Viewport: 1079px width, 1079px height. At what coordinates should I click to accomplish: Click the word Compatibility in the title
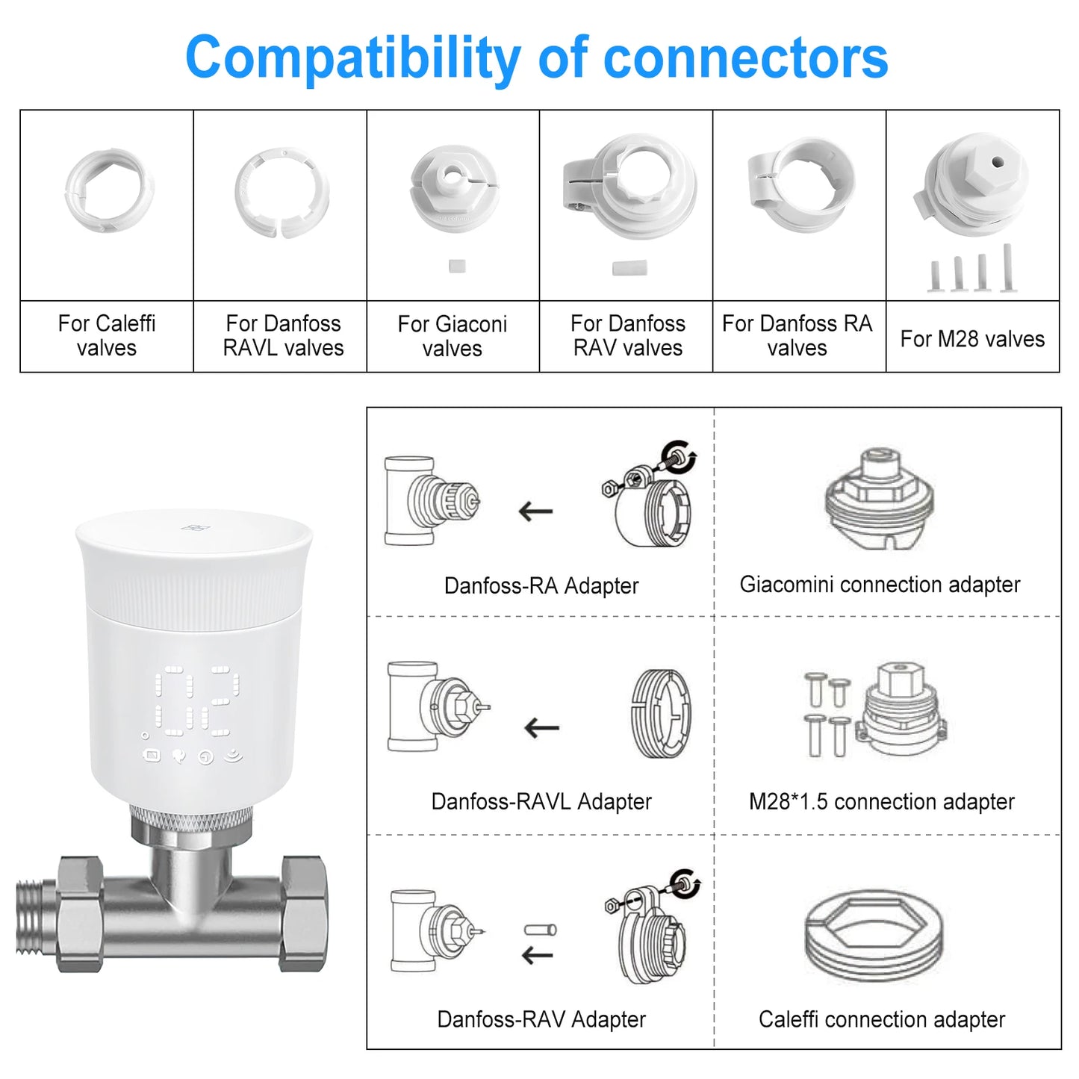tap(352, 59)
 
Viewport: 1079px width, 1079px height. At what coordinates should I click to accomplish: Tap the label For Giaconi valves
tap(452, 336)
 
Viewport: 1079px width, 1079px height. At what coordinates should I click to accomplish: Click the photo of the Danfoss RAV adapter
tap(629, 187)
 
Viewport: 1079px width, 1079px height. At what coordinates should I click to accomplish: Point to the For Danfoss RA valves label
tap(797, 335)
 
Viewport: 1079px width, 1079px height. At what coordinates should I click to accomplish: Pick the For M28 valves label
tap(971, 339)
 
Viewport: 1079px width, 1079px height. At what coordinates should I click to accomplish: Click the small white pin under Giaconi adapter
tap(457, 266)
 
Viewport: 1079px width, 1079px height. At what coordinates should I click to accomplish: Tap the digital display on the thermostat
tap(197, 700)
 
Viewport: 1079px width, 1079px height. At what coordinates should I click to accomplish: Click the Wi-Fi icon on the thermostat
tap(234, 756)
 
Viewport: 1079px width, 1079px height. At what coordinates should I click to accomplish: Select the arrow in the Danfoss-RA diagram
tap(535, 511)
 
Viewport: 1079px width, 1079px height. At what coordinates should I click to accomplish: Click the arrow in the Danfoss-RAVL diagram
tap(541, 727)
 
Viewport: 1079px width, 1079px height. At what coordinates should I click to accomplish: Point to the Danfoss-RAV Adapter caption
tap(541, 1019)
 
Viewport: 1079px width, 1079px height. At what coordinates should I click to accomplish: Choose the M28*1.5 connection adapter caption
tap(881, 802)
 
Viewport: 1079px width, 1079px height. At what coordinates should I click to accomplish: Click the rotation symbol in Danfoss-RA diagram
tap(680, 455)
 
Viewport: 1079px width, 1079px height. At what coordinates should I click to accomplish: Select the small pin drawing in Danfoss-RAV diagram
tap(540, 930)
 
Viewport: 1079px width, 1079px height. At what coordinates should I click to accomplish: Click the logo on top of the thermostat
tap(195, 529)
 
